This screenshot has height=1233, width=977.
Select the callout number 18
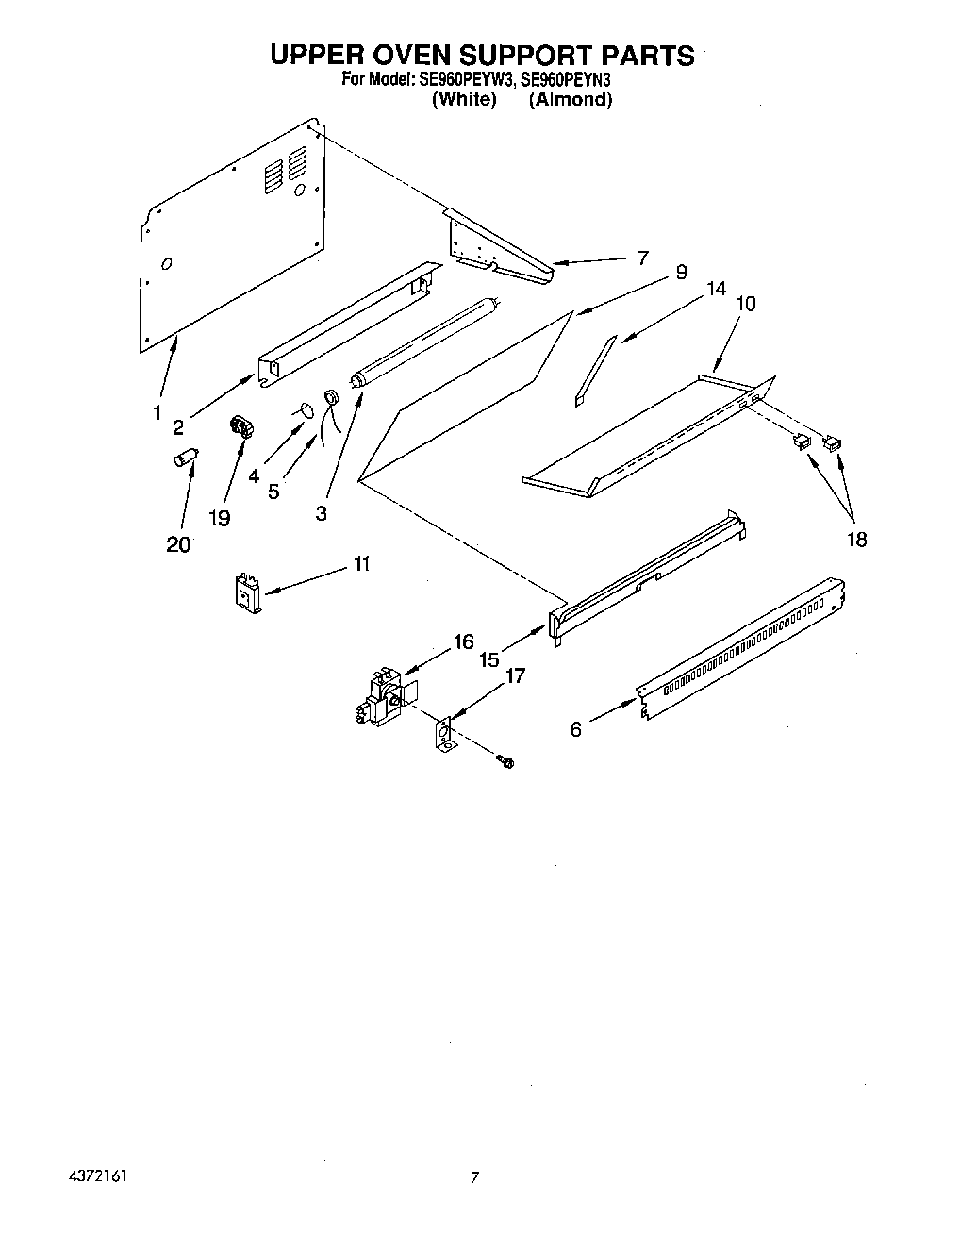[x=856, y=539]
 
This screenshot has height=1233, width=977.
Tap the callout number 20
[x=178, y=544]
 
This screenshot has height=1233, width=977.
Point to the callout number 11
[x=361, y=564]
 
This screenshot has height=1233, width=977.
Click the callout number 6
[x=576, y=729]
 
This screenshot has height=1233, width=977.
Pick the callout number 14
[x=717, y=289]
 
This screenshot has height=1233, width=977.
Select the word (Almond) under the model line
[x=570, y=100]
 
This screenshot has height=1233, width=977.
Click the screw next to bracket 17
[x=505, y=760]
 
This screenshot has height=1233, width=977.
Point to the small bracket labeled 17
[x=443, y=734]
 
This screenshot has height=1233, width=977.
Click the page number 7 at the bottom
[x=475, y=1176]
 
